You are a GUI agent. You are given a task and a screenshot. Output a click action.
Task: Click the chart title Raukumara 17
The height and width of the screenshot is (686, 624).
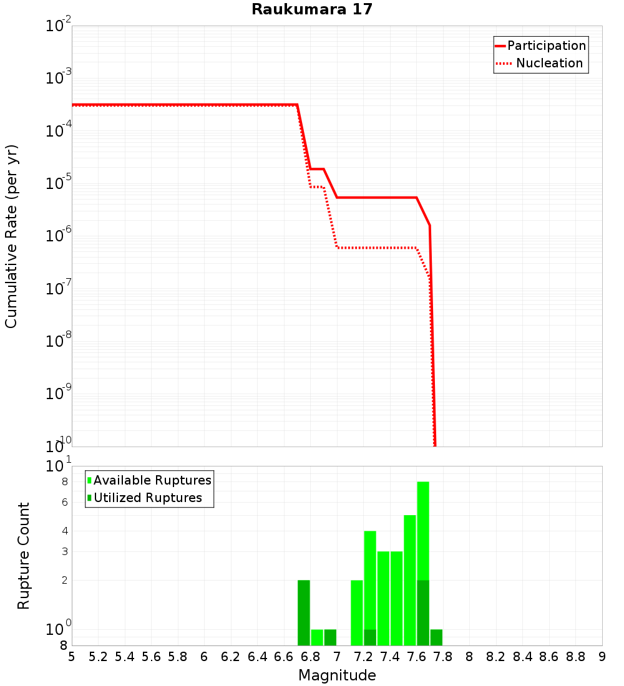(311, 9)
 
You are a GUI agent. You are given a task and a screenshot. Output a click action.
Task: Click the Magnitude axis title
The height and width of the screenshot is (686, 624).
(337, 675)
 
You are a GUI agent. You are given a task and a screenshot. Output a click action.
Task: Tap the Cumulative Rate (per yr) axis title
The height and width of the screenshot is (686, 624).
(11, 236)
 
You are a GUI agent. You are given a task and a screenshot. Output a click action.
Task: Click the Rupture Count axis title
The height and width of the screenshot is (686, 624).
(24, 556)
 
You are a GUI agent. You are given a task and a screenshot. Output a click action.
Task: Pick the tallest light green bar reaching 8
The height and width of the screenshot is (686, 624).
(423, 530)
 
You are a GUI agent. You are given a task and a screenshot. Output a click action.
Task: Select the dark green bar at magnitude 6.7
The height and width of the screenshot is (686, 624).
(304, 612)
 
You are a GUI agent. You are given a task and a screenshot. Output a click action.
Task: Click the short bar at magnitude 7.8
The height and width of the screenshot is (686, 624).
(436, 637)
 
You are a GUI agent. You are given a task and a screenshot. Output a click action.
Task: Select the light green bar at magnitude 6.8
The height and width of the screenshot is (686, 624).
(317, 637)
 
